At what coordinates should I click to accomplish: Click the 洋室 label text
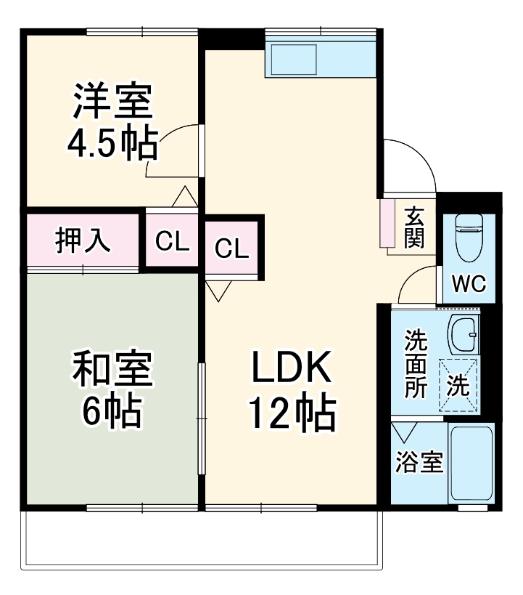tap(112, 102)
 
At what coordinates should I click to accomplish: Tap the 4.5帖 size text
tap(112, 145)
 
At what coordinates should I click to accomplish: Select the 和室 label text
tap(112, 371)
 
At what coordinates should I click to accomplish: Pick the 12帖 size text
tap(292, 413)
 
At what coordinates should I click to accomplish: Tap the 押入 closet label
tap(83, 240)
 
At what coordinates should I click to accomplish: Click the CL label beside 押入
tap(172, 242)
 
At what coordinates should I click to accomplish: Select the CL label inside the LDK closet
tap(232, 248)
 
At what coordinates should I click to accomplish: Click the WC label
tap(469, 284)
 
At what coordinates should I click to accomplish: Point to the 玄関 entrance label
tap(414, 227)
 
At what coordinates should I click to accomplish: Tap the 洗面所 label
tap(416, 363)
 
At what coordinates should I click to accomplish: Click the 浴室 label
tap(419, 463)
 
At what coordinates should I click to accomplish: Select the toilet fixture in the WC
tap(468, 238)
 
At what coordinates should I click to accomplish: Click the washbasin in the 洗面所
tap(463, 334)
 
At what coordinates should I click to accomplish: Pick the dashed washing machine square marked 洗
tap(458, 386)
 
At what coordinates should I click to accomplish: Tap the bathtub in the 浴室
tap(471, 464)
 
